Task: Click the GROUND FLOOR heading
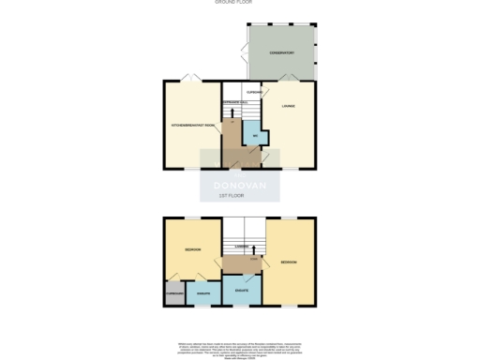(x=239, y=3)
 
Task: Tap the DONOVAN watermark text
(x=240, y=185)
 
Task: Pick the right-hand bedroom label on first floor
(x=289, y=262)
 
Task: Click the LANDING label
(x=241, y=247)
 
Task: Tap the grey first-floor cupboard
(x=173, y=293)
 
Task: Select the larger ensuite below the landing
(x=242, y=290)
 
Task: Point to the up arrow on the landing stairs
(x=253, y=248)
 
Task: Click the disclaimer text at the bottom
(x=240, y=347)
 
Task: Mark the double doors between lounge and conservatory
(x=293, y=77)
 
